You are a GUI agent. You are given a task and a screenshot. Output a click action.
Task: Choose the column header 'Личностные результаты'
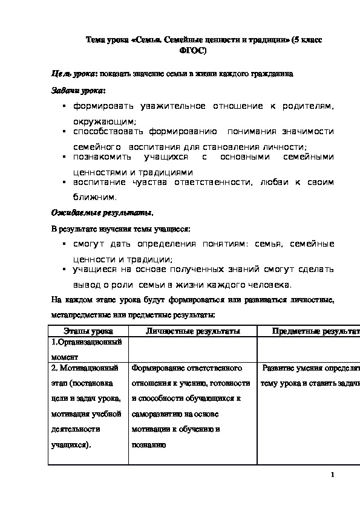click(193, 331)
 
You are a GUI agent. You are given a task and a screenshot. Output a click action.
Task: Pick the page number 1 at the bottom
click(333, 475)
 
